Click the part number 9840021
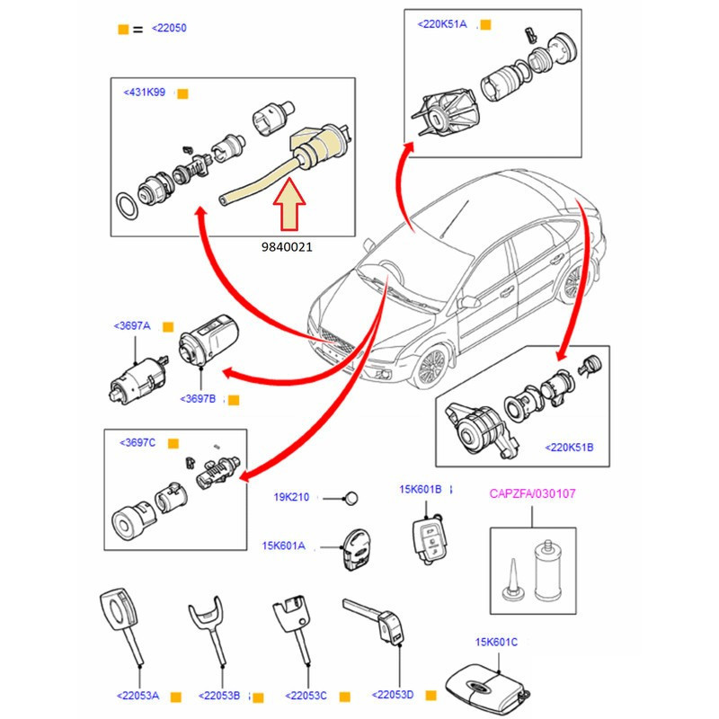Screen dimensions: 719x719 [288, 244]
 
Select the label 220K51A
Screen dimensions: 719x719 [442, 24]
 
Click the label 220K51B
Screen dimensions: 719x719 [569, 447]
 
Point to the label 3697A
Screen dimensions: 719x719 [133, 325]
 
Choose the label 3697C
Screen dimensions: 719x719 [138, 443]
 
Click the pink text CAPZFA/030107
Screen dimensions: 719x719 [533, 493]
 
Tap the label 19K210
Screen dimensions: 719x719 [291, 497]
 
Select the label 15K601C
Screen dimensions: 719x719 [496, 641]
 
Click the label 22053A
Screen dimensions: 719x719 [138, 695]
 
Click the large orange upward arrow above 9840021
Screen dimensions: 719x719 [291, 205]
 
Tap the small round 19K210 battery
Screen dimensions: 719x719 [353, 498]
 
